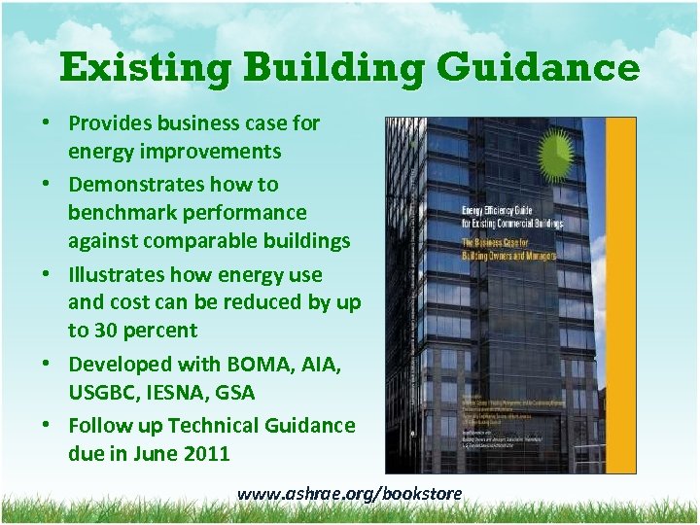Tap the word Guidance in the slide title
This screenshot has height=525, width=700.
(539, 69)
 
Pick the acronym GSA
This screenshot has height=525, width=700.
(236, 392)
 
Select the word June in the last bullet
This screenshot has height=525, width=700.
(153, 453)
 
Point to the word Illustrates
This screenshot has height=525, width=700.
(116, 274)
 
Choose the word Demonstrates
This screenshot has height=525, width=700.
(131, 184)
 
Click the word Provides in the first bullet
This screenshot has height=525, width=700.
(108, 123)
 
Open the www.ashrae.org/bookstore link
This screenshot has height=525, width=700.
(350, 494)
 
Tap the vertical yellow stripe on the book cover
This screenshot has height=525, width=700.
(623, 292)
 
